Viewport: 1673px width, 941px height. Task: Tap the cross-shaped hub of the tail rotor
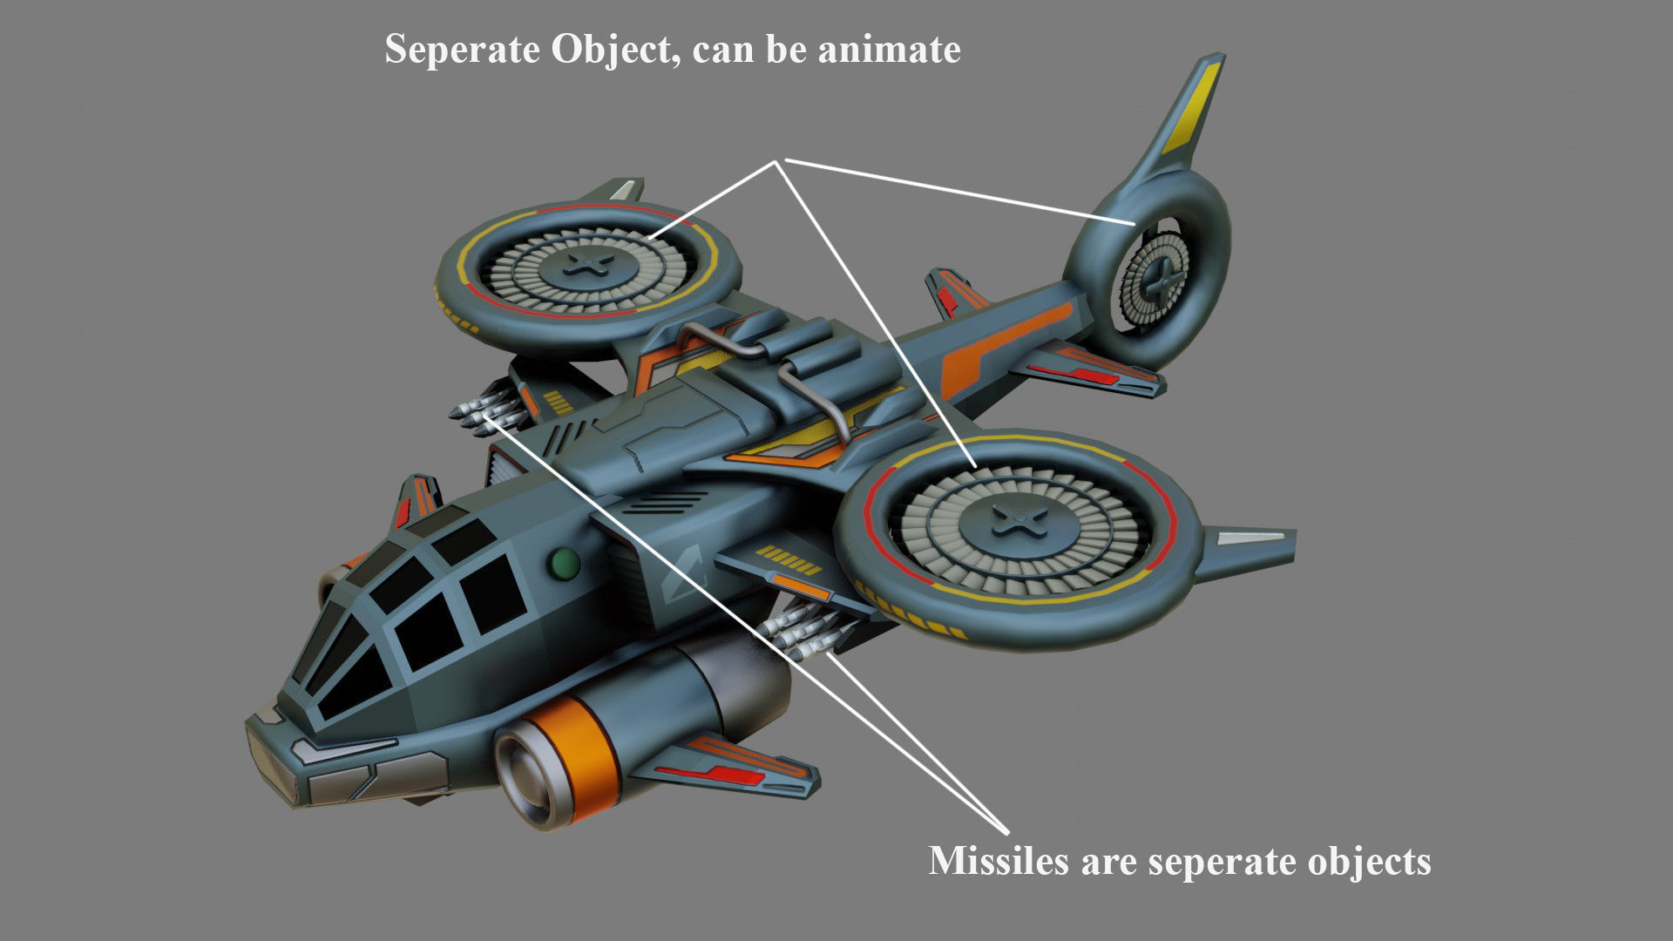pyautogui.click(x=1159, y=280)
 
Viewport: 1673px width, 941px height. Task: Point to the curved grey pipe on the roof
pyautogui.click(x=767, y=366)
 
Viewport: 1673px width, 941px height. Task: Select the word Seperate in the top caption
pyautogui.click(x=462, y=50)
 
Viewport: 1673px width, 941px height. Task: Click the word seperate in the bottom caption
pyautogui.click(x=1227, y=863)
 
